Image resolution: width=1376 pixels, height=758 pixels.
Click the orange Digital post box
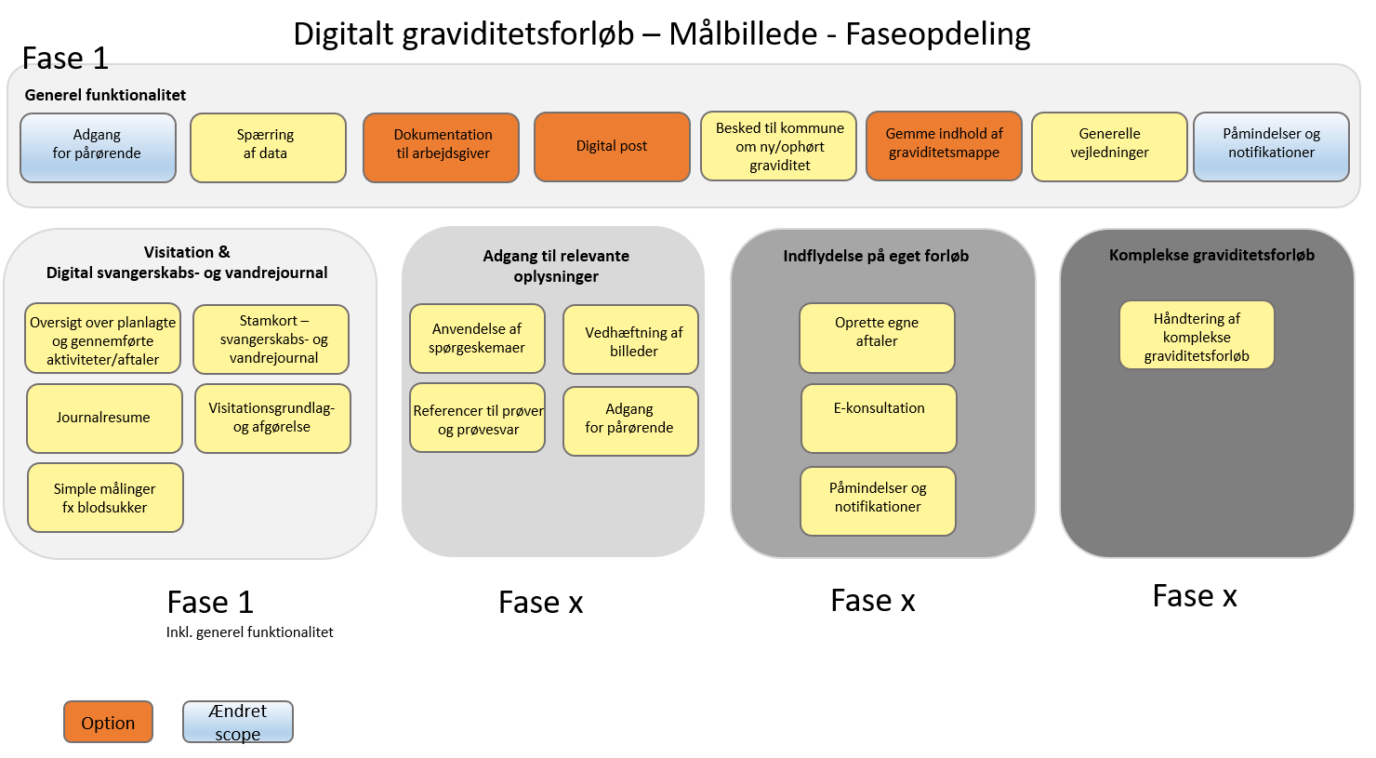[612, 146]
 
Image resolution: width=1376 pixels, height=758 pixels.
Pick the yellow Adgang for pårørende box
[630, 420]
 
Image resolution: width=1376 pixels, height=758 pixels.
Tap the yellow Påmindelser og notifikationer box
[878, 500]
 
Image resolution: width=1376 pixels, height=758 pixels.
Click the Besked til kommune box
[779, 146]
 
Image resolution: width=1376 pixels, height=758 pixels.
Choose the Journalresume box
[103, 418]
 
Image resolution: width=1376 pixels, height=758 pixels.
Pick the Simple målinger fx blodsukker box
[105, 498]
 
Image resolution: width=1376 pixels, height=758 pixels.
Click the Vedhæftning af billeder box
[631, 339]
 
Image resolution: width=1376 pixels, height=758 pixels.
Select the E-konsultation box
[879, 418]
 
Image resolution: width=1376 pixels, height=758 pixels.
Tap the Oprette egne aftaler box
[877, 337]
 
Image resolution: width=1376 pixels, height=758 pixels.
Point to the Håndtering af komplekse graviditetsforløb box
[1197, 335]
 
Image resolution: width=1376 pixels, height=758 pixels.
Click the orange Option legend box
[108, 722]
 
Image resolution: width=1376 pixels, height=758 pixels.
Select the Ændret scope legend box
[238, 722]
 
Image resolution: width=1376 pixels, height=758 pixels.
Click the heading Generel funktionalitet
[105, 95]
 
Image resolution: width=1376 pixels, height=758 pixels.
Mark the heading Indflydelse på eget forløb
[876, 256]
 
